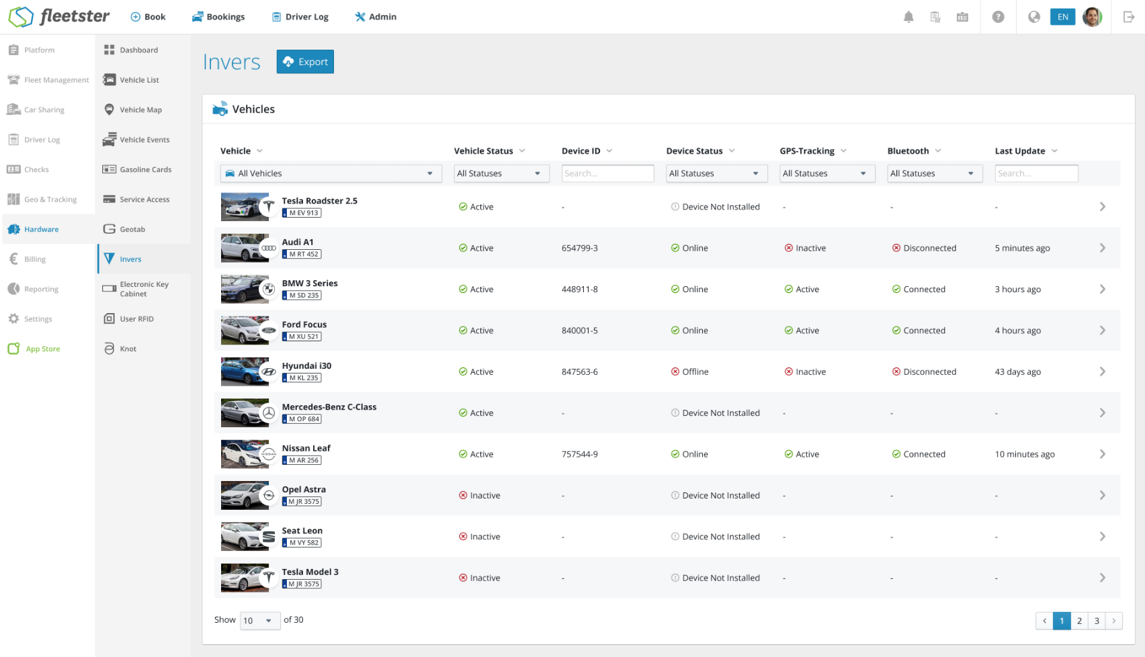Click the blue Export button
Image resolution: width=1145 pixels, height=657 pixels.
coord(305,61)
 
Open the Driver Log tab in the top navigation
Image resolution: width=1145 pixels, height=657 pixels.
coord(300,17)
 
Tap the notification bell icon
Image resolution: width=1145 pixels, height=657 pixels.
coord(908,17)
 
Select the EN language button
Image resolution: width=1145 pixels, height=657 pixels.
coord(1063,17)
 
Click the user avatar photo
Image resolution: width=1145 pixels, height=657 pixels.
coord(1093,17)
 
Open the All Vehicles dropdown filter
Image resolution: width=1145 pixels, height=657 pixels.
coord(331,173)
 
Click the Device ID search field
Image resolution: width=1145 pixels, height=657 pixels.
coord(607,173)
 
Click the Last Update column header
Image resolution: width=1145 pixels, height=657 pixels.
coord(1020,150)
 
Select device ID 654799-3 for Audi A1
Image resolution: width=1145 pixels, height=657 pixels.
coord(580,248)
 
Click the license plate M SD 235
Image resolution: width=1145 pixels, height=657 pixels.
coord(302,296)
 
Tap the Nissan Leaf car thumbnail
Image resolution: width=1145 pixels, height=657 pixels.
coord(245,453)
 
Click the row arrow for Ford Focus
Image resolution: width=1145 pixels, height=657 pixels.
coord(1103,331)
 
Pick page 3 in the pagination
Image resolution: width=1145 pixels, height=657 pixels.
coord(1097,621)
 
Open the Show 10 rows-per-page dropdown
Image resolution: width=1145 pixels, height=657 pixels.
coord(259,621)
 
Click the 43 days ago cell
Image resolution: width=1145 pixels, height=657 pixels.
coord(1018,371)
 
